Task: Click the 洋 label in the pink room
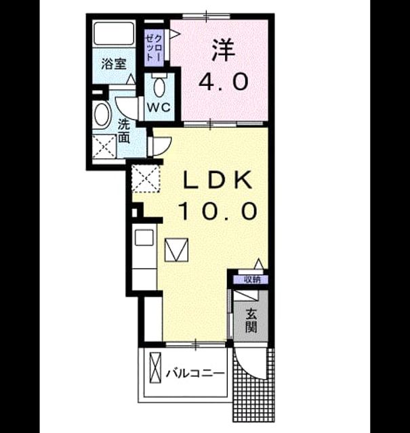point(224,51)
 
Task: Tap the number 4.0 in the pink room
point(224,81)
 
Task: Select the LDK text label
point(218,180)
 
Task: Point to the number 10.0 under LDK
point(218,211)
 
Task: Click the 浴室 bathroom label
point(114,64)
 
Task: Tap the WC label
point(159,108)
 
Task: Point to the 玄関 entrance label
point(251,321)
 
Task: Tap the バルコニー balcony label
point(195,374)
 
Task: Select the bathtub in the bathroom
point(114,33)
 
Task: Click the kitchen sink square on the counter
point(144,237)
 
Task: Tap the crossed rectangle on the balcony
point(155,367)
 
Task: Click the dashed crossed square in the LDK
point(146,178)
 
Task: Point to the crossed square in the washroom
point(104,146)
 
